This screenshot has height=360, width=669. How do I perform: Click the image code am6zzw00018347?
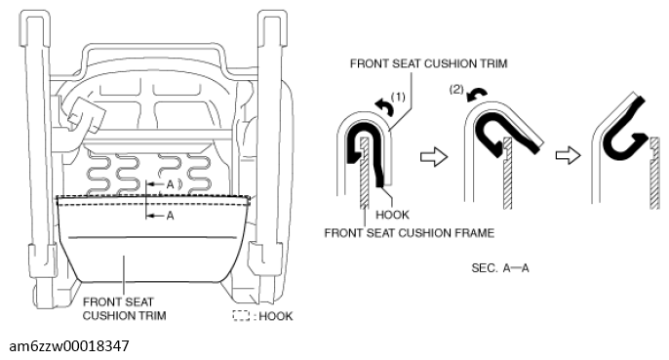[69, 345]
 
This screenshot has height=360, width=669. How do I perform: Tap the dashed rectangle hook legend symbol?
[241, 315]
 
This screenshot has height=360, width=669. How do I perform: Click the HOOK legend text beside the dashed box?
[276, 316]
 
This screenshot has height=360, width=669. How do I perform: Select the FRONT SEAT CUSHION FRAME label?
[410, 233]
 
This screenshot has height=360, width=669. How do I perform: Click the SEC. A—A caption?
[500, 268]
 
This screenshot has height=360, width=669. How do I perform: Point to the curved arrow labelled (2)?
[477, 95]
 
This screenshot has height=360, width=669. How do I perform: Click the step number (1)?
[398, 97]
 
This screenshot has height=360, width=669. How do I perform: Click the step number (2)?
[456, 90]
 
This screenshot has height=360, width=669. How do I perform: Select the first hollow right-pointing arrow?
[434, 156]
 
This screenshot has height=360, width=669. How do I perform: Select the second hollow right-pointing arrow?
[569, 155]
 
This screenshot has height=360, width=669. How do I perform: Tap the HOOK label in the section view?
[392, 215]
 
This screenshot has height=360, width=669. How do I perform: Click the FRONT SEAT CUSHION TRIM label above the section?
[428, 63]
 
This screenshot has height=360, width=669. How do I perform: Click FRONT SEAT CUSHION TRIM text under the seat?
[124, 308]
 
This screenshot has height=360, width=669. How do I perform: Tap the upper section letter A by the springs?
[170, 184]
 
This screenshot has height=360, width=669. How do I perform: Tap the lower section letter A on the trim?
[170, 216]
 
